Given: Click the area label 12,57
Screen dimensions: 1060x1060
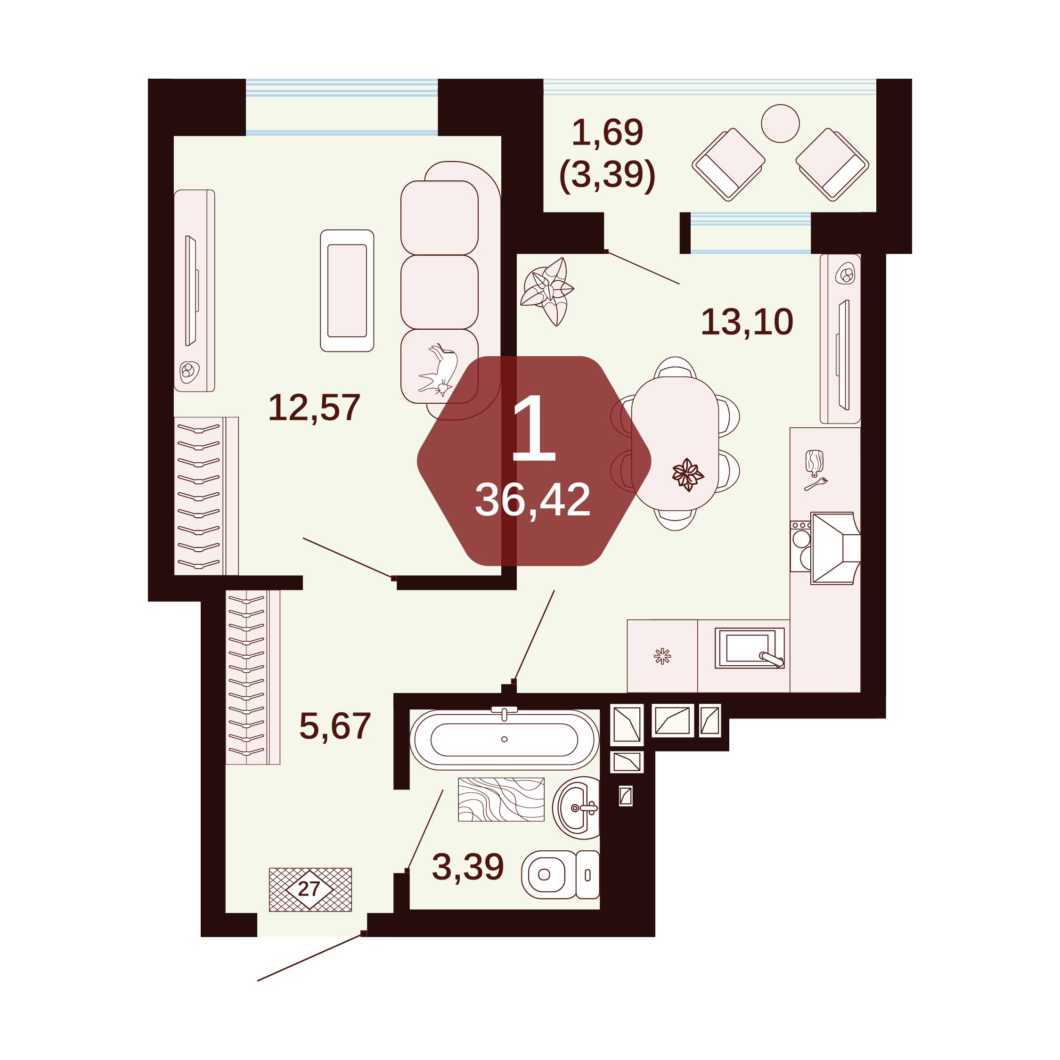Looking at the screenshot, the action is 314,408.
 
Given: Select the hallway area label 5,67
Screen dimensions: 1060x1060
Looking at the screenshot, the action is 334,726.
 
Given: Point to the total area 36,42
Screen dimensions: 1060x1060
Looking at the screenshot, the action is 532,500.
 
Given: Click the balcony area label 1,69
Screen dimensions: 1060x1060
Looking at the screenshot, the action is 607,132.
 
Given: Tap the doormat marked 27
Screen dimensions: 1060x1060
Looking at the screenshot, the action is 310,889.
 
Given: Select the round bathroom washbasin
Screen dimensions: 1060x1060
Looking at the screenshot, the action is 576,807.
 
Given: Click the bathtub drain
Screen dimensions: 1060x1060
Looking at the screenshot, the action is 504,739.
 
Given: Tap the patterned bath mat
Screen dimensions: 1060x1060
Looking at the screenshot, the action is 501,799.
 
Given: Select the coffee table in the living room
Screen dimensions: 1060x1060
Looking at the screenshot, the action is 347,290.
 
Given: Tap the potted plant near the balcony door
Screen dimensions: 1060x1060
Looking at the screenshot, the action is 547,291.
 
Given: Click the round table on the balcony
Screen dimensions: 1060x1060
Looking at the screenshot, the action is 780,123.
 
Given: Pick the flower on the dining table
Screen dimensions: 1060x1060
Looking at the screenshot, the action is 687,474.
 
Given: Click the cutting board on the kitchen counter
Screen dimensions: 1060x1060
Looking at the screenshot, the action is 815,463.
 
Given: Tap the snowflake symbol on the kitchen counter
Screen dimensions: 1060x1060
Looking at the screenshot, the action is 662,656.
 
